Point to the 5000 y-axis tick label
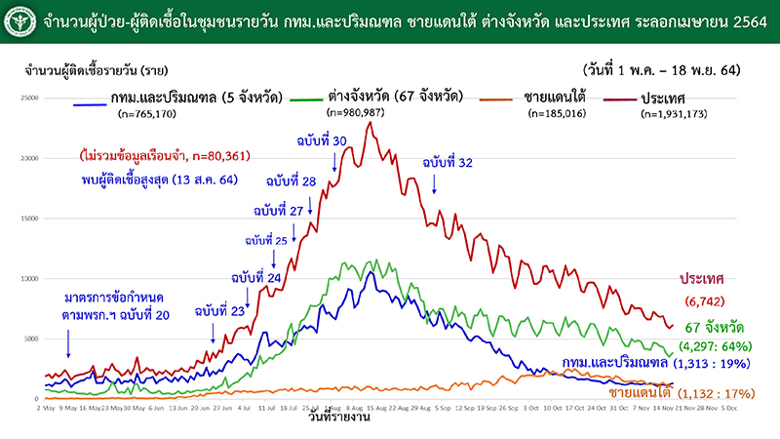pos(31,339)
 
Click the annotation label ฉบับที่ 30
pos(322,141)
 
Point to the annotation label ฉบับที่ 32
pos(448,163)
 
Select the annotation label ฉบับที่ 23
pos(217,311)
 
